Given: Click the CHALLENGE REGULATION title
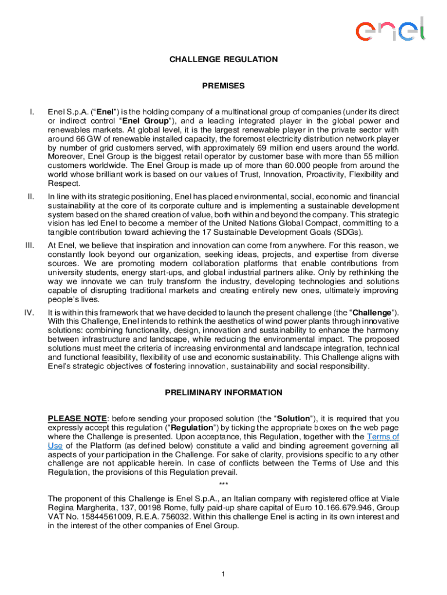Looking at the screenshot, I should [x=223, y=59].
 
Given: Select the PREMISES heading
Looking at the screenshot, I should [x=223, y=86].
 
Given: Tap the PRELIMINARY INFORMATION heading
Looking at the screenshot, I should [x=223, y=393].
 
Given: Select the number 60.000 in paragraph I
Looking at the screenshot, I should [x=317, y=166].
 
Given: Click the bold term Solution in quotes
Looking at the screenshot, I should [x=295, y=418].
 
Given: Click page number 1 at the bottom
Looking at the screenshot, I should [x=223, y=575].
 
